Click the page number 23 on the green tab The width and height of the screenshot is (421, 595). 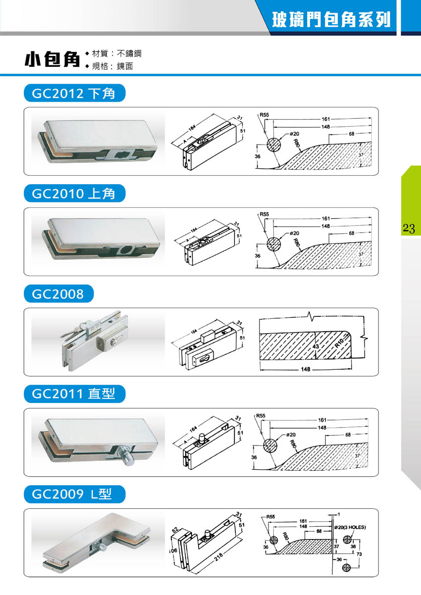(x=409, y=228)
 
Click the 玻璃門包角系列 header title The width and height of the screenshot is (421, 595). (x=331, y=19)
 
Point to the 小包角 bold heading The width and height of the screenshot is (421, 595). (x=53, y=59)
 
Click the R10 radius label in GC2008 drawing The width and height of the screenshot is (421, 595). (x=339, y=344)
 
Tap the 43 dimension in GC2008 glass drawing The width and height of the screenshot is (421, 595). (x=316, y=347)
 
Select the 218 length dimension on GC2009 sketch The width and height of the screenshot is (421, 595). (x=219, y=557)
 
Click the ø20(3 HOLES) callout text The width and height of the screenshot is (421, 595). (x=350, y=527)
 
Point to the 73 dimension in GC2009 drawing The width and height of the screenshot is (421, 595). (x=359, y=554)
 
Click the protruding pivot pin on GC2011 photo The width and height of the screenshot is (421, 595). (x=126, y=455)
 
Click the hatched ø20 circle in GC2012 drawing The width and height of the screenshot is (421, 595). (x=273, y=145)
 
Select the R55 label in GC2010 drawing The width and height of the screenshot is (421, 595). (x=264, y=214)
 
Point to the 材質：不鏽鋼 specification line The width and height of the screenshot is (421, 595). (x=117, y=53)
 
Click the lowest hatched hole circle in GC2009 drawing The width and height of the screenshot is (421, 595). (x=346, y=568)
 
